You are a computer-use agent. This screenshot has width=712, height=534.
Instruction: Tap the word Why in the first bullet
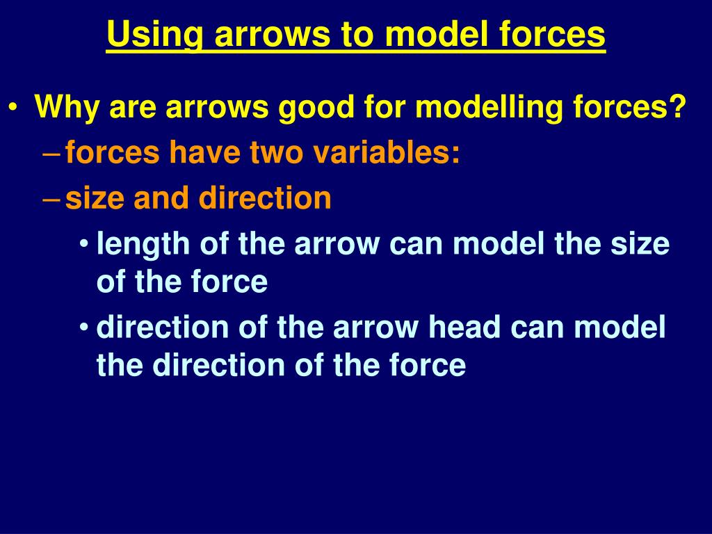[61, 108]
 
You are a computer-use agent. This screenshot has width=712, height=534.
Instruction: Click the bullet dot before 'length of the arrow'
[84, 245]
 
